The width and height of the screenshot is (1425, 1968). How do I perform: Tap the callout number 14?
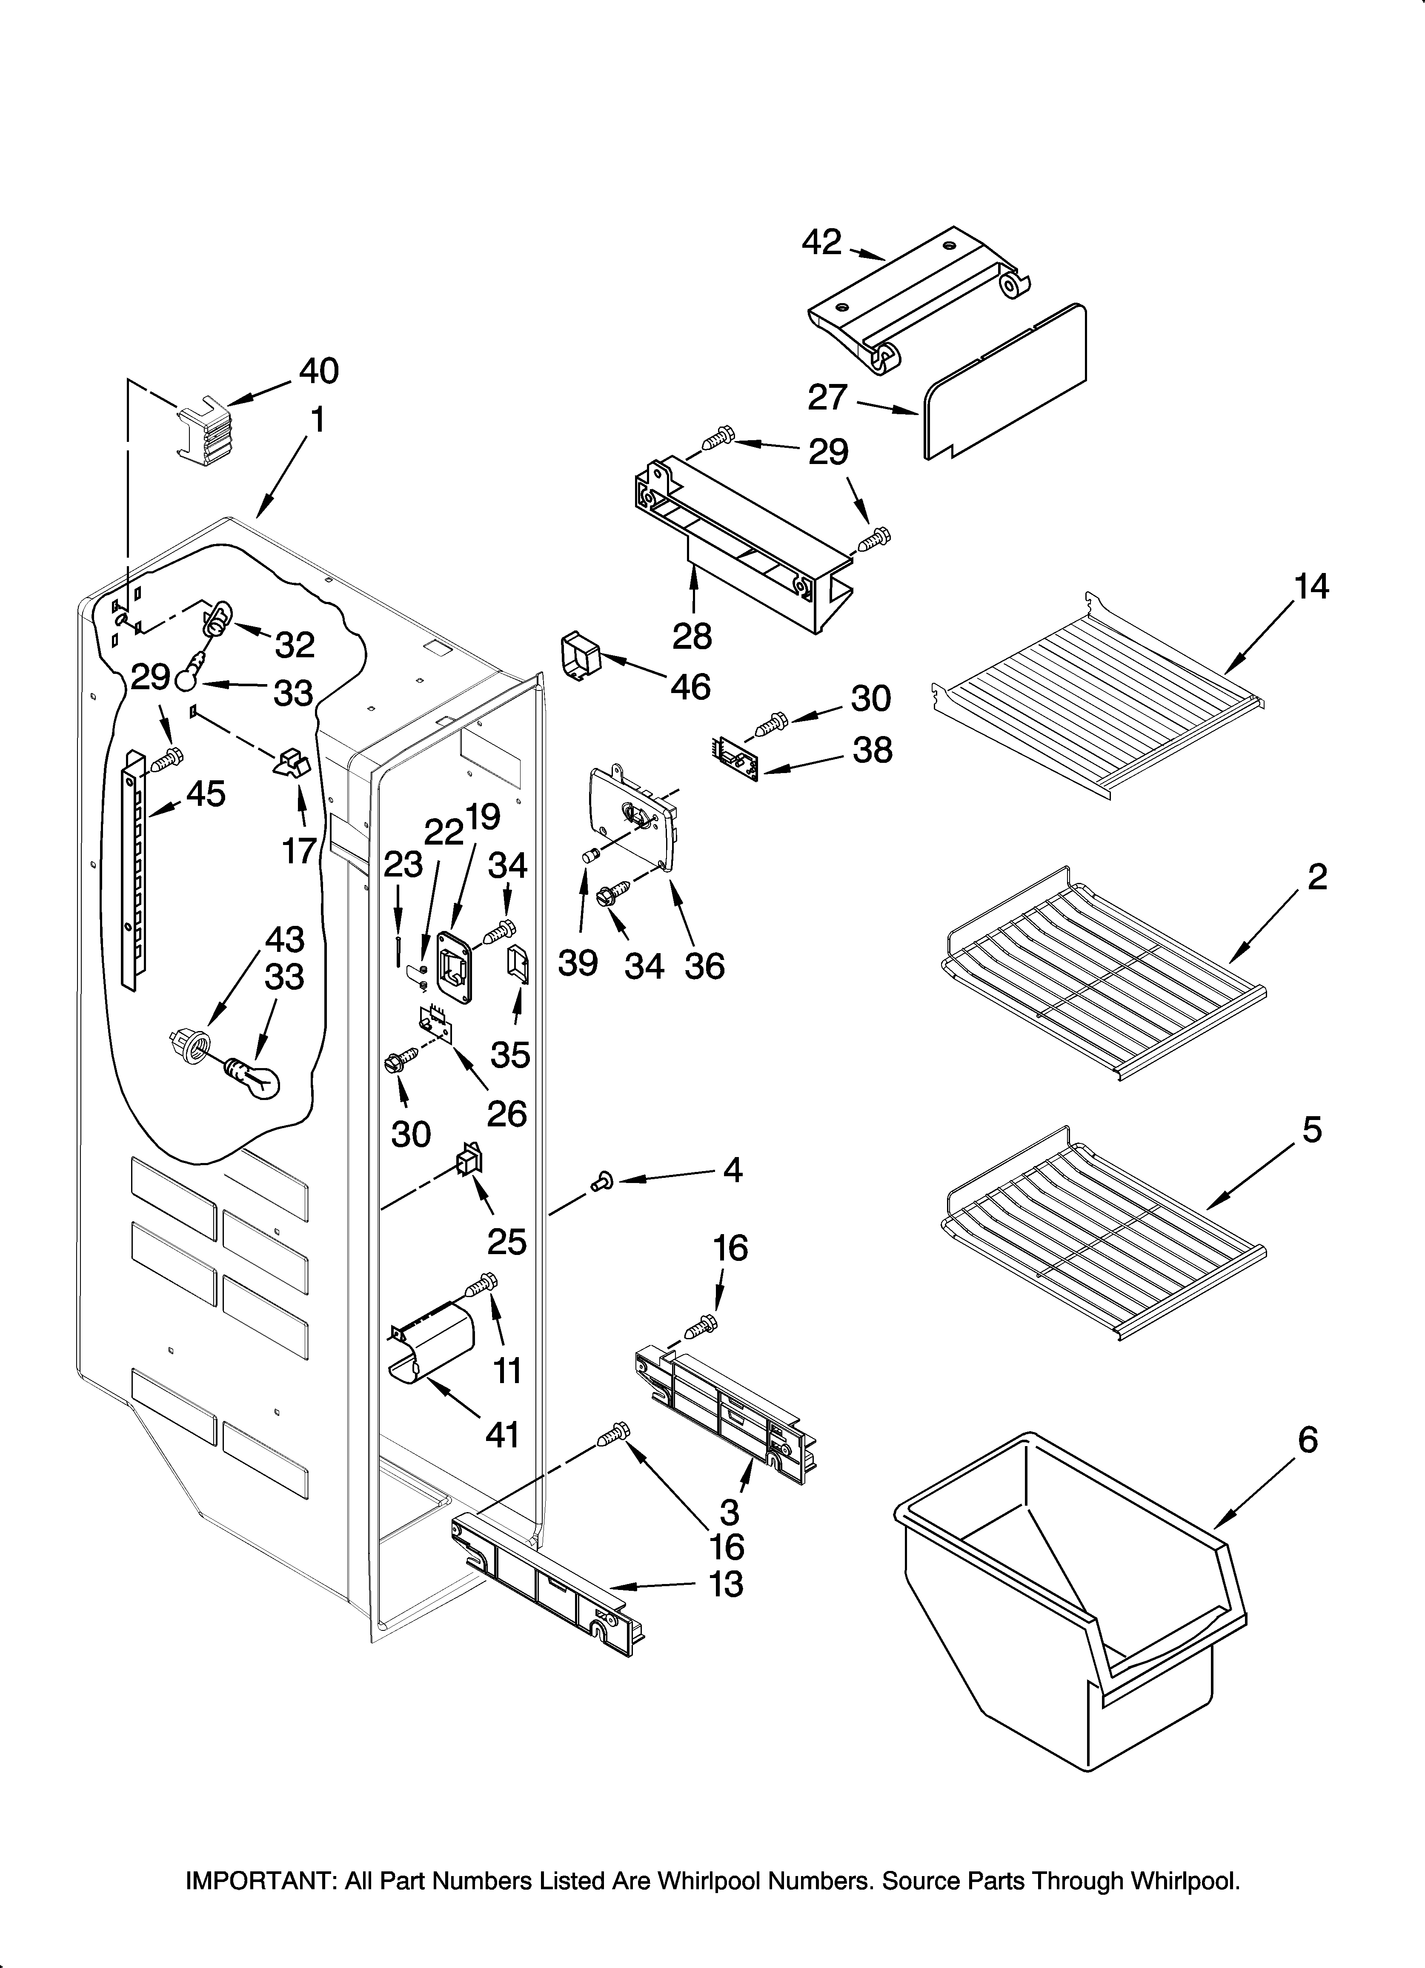[x=1311, y=587]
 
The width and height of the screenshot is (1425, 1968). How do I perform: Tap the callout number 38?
[x=872, y=751]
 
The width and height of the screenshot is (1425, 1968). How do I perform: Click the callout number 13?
[x=726, y=1584]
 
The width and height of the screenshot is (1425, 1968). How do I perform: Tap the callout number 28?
[x=692, y=636]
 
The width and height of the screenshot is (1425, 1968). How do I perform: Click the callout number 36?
[x=704, y=965]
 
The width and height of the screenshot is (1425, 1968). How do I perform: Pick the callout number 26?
[x=507, y=1113]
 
